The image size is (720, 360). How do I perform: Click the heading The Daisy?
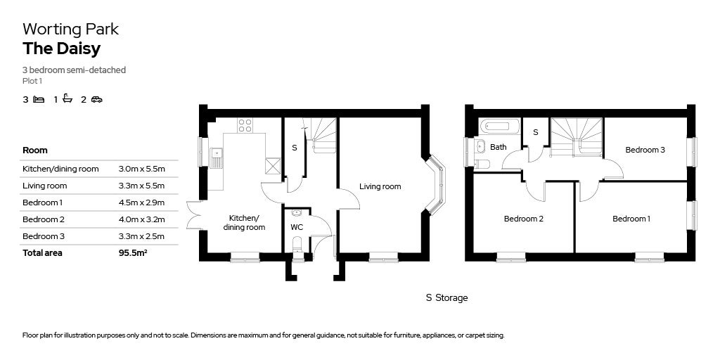tap(61, 49)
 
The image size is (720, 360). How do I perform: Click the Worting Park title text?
tap(70, 29)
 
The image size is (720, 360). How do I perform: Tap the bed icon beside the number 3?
tap(39, 99)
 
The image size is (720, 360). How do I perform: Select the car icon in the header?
tap(96, 99)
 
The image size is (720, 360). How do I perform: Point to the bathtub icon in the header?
tap(67, 98)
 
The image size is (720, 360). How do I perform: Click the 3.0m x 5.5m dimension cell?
tap(141, 169)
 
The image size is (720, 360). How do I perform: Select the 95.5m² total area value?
tap(133, 253)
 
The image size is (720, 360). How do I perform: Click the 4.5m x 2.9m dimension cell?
tap(141, 202)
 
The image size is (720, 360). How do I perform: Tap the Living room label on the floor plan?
tap(380, 186)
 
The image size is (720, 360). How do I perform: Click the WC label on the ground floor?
tap(297, 227)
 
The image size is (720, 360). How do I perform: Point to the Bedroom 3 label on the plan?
tap(645, 150)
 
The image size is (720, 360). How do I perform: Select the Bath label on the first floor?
tap(498, 147)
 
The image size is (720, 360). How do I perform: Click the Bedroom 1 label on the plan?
tap(631, 219)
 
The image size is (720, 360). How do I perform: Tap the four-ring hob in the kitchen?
tap(245, 125)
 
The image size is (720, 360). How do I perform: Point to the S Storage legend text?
tap(446, 297)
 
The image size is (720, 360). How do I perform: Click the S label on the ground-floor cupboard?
tap(294, 148)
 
